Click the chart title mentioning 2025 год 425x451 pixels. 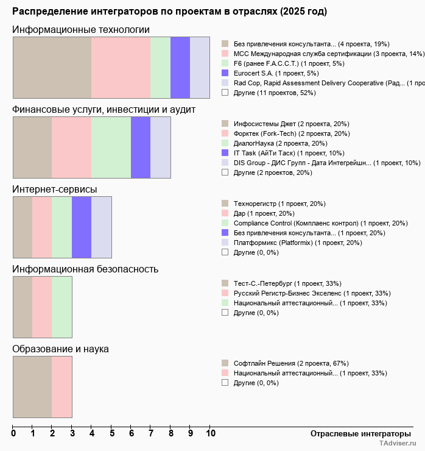pyautogui.click(x=169, y=12)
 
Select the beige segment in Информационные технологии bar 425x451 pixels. pyautogui.click(x=52, y=67)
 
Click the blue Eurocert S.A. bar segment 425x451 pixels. pyautogui.click(x=180, y=67)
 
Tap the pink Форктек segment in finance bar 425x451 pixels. pyautogui.click(x=71, y=147)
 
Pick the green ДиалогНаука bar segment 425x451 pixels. pyautogui.click(x=111, y=147)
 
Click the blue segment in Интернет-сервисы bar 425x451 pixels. pyautogui.click(x=82, y=227)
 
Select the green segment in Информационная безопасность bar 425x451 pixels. pyautogui.click(x=62, y=307)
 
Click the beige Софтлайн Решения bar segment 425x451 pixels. pyautogui.click(x=32, y=386)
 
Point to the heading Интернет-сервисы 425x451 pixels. pyautogui.click(x=55, y=190)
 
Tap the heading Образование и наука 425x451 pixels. pyautogui.click(x=61, y=349)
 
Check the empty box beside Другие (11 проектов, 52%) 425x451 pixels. pyautogui.click(x=225, y=93)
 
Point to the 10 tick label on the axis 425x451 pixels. pyautogui.click(x=210, y=434)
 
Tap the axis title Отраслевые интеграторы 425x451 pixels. pyautogui.click(x=357, y=433)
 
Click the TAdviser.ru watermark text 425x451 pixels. pyautogui.click(x=398, y=444)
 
